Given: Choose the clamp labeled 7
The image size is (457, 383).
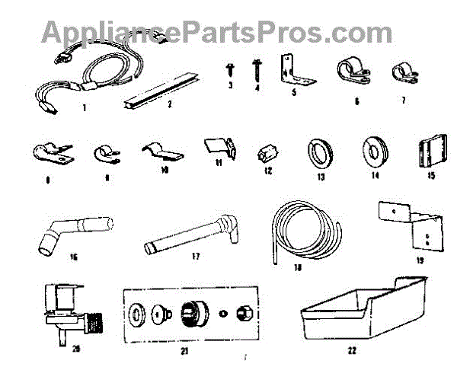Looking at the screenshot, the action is pos(401,73).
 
